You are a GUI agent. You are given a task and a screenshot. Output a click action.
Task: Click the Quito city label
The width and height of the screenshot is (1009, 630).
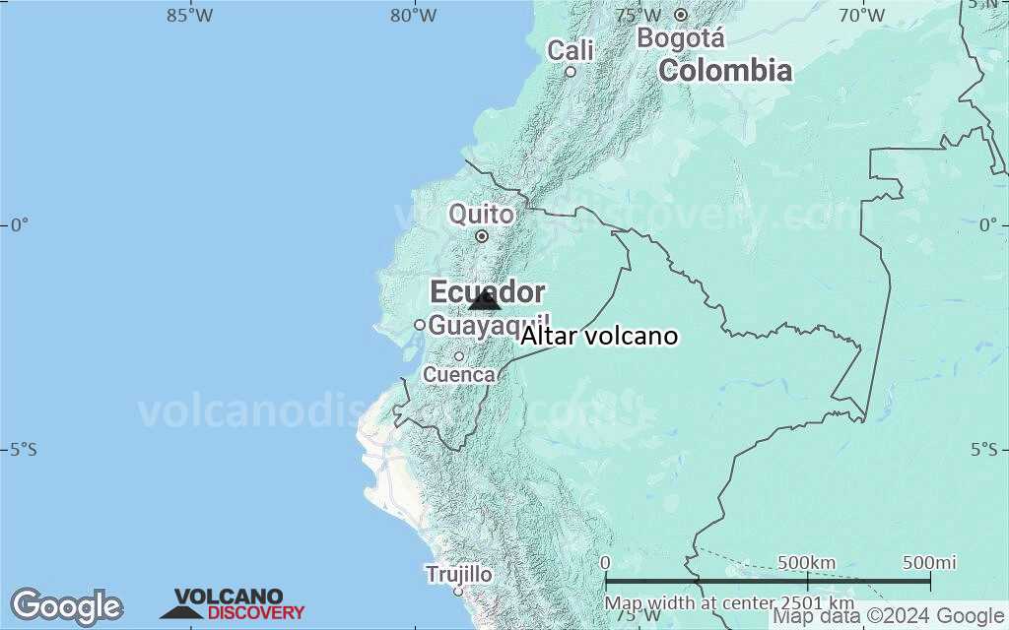click(481, 214)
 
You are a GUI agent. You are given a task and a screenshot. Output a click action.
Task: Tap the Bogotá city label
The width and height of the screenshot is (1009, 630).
click(681, 38)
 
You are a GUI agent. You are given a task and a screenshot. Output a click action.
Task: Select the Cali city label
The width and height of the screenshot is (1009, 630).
click(572, 49)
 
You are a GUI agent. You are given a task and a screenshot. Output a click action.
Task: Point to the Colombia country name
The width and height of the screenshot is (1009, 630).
click(725, 70)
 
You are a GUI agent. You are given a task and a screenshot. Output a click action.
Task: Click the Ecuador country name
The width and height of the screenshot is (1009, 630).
click(487, 291)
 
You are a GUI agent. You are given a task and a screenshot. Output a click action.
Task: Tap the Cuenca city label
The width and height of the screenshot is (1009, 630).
click(459, 375)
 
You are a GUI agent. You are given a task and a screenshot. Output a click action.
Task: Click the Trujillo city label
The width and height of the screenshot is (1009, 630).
click(458, 574)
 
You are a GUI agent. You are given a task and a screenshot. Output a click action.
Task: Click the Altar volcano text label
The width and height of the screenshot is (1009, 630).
click(599, 337)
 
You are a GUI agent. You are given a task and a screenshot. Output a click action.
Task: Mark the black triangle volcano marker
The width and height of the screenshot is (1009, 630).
click(485, 301)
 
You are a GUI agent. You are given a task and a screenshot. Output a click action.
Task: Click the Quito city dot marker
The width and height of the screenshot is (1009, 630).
click(482, 236)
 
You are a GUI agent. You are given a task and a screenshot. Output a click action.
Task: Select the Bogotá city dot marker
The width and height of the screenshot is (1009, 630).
click(681, 15)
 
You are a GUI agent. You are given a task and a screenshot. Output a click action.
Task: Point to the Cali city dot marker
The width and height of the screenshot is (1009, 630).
click(571, 71)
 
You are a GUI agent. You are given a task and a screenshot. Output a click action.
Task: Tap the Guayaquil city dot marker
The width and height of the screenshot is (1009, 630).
click(420, 325)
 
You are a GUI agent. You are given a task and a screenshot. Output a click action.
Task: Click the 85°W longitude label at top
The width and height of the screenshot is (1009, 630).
click(189, 15)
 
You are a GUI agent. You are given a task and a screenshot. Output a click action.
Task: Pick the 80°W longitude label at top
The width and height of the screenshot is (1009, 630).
click(414, 15)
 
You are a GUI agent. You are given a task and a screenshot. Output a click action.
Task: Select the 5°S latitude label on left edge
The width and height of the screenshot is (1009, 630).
click(23, 450)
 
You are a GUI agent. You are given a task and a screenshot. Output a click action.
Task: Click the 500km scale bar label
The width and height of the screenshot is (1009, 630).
click(806, 563)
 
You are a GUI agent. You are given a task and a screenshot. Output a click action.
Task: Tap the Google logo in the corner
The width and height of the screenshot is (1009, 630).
click(66, 606)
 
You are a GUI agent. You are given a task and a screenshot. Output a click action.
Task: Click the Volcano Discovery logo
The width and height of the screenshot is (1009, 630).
click(233, 604)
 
